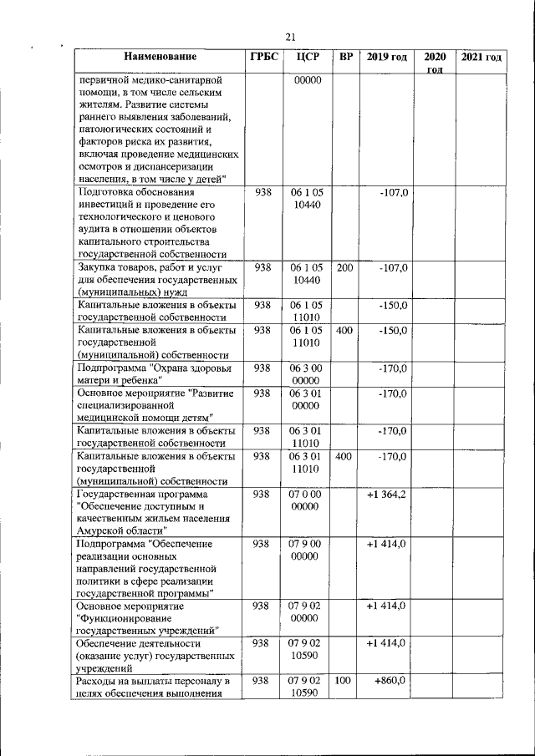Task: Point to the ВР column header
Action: pos(345,58)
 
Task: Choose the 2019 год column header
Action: pos(386,58)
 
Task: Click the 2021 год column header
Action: pos(482,58)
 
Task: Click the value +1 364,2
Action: pos(386,495)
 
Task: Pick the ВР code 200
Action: pos(344,268)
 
